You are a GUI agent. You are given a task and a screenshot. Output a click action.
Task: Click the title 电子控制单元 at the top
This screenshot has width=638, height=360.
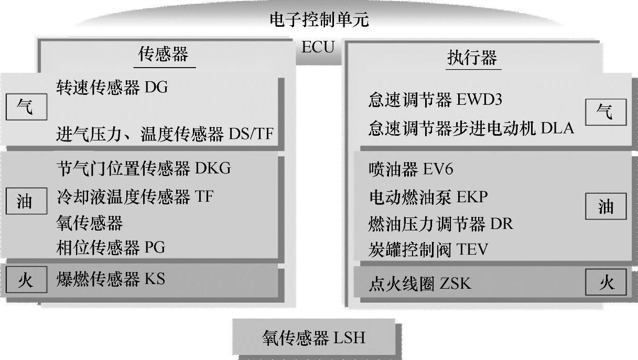point(319,20)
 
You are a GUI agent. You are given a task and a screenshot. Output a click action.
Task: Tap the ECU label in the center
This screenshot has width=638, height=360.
point(318,47)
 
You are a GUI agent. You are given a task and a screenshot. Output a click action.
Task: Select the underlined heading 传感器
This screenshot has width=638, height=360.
point(163,55)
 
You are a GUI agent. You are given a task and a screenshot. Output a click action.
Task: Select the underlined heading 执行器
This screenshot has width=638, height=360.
point(471,57)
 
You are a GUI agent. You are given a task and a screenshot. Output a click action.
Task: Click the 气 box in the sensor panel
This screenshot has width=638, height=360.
point(25,108)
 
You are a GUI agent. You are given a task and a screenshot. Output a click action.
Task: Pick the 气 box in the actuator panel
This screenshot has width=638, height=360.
point(605,112)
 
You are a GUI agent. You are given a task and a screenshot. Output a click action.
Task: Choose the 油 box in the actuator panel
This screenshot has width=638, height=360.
point(605,207)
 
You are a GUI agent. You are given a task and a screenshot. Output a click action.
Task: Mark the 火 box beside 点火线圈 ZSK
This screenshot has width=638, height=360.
point(605,282)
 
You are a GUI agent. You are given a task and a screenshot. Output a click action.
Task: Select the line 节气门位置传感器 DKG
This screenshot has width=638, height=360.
point(143,168)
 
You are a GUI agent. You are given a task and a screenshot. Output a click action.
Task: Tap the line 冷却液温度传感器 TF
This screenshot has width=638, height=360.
point(135,197)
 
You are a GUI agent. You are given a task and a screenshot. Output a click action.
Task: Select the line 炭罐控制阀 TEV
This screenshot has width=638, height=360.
point(428,249)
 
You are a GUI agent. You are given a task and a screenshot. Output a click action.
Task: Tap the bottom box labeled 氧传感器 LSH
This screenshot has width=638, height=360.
point(313,337)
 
